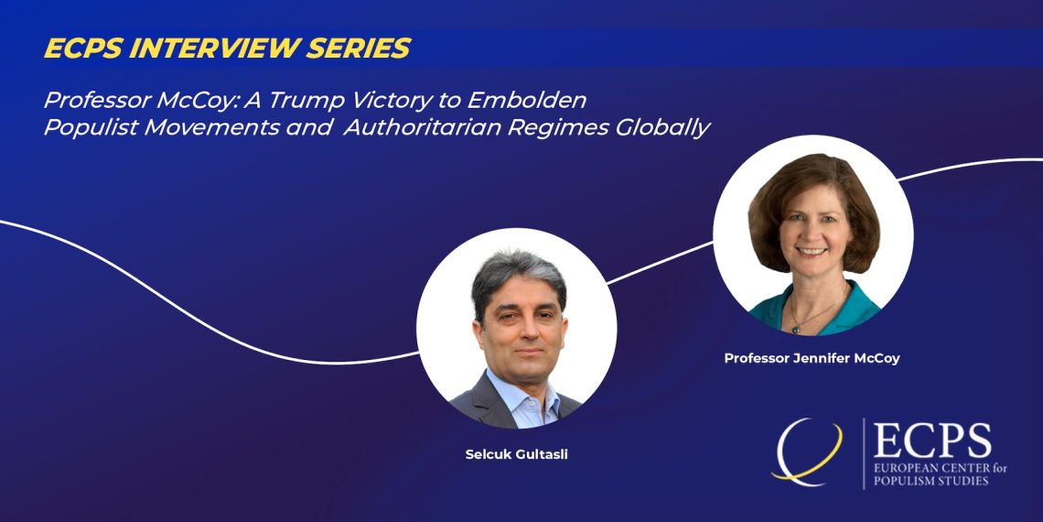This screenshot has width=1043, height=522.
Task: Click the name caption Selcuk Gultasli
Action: pos(516,455)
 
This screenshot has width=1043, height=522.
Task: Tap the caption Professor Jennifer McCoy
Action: pos(812,358)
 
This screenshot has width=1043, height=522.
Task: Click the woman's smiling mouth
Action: pos(812,252)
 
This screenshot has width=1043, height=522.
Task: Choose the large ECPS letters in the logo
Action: pos(932,441)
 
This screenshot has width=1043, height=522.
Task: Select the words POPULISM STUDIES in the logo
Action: pos(930,480)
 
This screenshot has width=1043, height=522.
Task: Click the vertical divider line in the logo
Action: pos(864,453)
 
